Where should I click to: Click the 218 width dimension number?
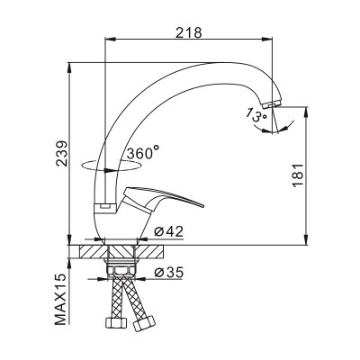point(189,32)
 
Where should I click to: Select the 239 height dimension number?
point(61,153)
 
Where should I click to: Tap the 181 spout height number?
point(298,175)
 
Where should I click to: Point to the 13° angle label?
point(256,115)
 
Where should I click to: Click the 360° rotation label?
point(142,153)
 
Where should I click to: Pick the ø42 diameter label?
point(168,232)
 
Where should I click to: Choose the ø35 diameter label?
point(168,273)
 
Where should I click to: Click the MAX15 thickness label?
point(60,299)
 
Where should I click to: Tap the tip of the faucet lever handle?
point(203,206)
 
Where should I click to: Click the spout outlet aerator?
point(271,104)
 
